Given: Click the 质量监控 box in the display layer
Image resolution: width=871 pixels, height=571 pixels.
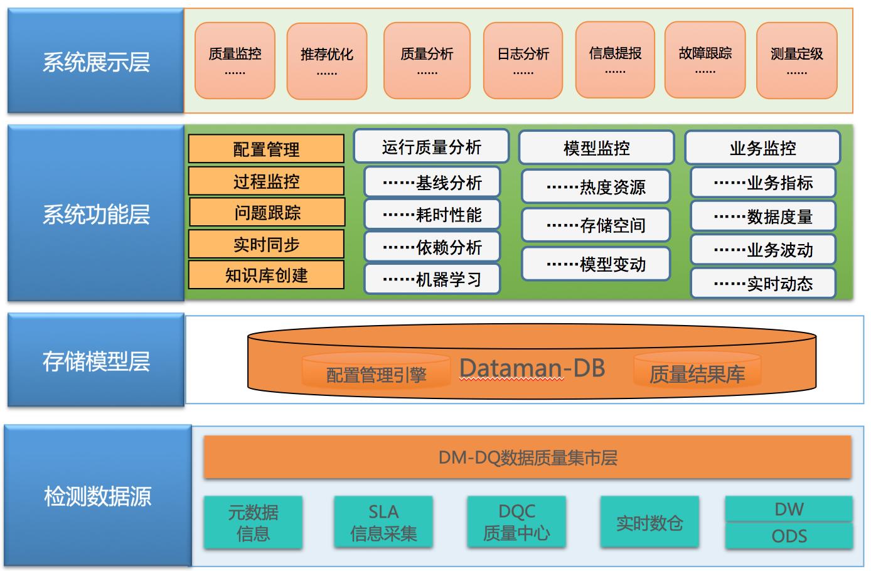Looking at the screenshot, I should point(235,61).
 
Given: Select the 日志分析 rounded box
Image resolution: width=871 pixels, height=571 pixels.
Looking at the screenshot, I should point(523,61).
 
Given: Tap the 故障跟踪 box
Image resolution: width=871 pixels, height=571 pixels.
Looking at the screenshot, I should point(705,60).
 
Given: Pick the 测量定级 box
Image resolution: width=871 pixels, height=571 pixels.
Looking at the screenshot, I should point(796,61).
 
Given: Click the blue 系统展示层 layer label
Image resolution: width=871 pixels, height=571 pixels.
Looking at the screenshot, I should point(95,61).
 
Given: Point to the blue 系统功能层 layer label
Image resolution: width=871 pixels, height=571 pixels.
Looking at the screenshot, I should point(95,213).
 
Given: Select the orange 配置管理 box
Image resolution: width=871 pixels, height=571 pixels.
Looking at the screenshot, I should point(266,149).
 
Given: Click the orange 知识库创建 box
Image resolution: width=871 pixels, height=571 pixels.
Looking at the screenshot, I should point(266,275).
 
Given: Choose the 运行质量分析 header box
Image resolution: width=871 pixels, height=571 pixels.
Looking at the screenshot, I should point(431,146).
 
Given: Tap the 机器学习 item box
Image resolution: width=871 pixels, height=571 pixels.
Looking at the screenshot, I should point(432,279).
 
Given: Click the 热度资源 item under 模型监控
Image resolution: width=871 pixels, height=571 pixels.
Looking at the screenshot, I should point(596,186).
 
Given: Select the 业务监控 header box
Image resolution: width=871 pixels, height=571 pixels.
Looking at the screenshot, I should point(762,147).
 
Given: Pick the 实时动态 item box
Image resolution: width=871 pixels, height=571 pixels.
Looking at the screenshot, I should point(763,284).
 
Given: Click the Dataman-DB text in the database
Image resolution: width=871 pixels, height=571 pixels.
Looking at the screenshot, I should point(532,368).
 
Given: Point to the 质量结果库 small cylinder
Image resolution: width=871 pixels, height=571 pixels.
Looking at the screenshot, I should point(697,371).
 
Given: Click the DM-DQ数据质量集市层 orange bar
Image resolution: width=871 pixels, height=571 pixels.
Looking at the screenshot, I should point(527,457).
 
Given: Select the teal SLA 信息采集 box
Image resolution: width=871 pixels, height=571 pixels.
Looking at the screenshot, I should point(383,523).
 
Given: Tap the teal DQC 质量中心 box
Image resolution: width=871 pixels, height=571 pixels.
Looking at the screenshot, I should point(516,523).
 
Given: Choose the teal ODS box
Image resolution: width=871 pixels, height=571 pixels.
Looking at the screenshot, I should point(789,536).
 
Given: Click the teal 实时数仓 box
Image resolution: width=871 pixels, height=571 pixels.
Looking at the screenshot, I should point(649,523).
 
